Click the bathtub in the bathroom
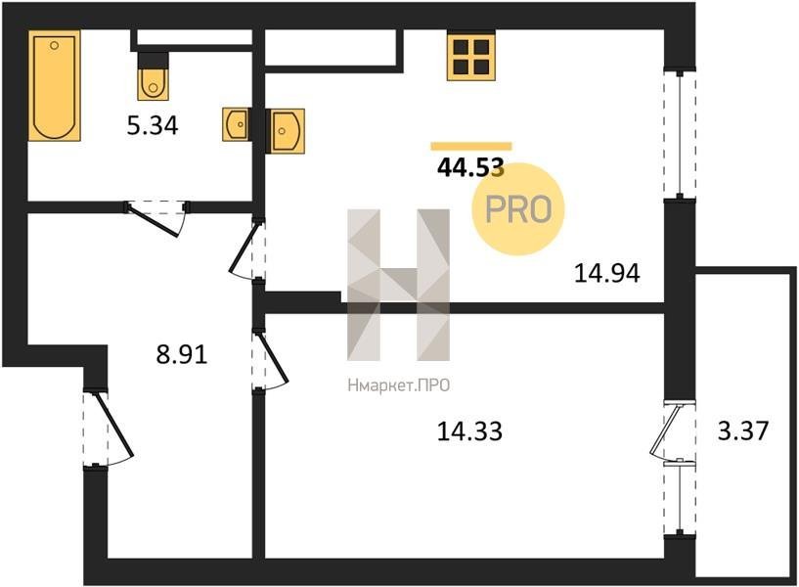55,85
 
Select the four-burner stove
471,56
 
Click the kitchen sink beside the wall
288,131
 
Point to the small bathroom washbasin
236,124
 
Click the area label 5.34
153,126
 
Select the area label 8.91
182,354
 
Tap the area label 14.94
607,273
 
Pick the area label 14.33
469,431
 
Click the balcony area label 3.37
742,430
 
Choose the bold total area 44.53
470,167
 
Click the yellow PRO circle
518,209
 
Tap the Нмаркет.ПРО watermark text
398,385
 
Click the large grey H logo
398,285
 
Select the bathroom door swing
156,219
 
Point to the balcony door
672,431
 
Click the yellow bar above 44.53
470,146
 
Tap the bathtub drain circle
54,45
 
